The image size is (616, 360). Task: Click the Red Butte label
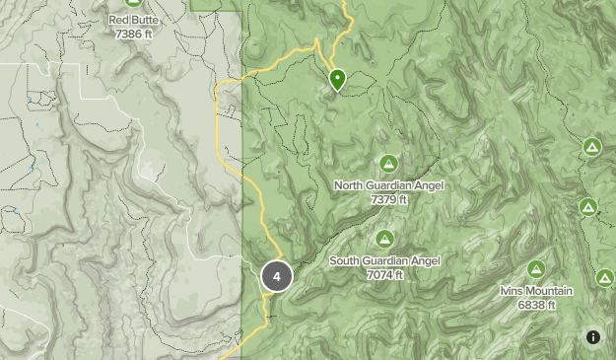(x=132, y=20)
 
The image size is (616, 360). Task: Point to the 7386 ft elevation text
(x=134, y=34)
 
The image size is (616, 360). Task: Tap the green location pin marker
(x=337, y=79)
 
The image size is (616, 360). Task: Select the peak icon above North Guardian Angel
(x=388, y=164)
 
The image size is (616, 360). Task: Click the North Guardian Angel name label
(x=388, y=185)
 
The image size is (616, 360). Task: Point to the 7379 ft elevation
(x=388, y=199)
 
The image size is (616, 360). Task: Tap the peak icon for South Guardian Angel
(x=384, y=239)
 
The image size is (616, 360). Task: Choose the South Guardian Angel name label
(x=384, y=261)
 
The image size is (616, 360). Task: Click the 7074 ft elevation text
(x=384, y=275)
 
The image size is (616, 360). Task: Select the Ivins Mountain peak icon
(x=536, y=268)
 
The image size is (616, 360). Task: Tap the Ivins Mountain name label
(x=536, y=291)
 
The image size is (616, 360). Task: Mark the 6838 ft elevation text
(x=536, y=305)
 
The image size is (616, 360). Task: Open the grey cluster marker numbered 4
(x=277, y=277)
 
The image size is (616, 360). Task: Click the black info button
(x=593, y=337)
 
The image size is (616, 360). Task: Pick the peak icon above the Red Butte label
(x=134, y=3)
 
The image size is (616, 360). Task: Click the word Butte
(x=146, y=20)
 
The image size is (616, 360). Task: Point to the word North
(x=349, y=185)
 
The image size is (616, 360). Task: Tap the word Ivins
(x=513, y=291)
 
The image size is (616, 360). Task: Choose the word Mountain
(x=550, y=291)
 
